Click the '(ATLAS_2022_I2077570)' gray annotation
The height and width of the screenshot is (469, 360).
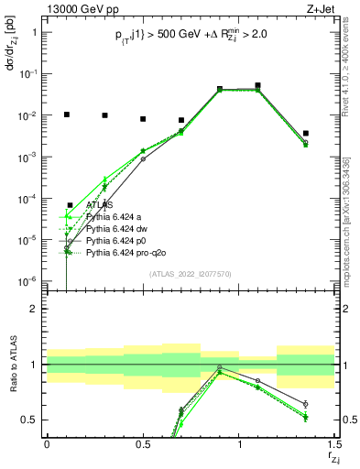[190, 273]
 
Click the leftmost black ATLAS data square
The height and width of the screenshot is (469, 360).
[66, 115]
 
